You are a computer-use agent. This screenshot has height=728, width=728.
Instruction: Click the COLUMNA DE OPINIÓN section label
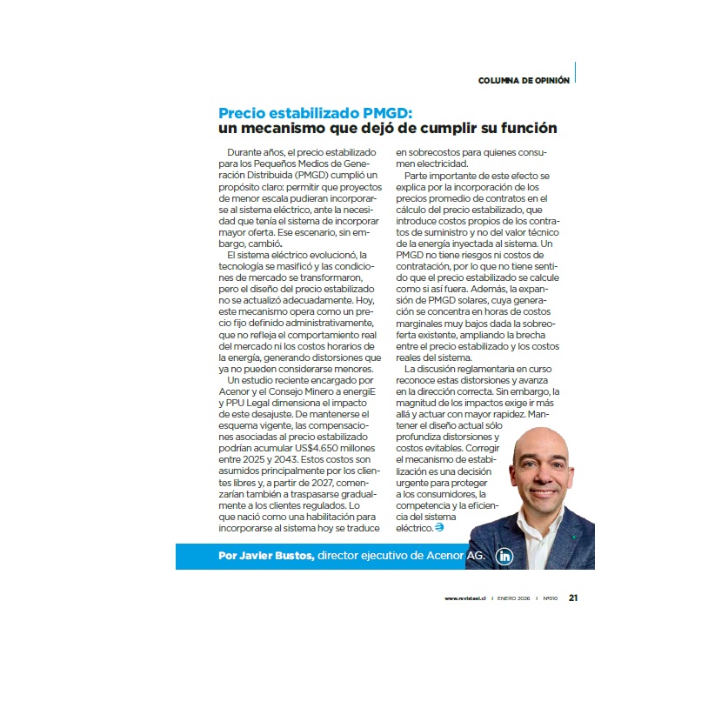[x=524, y=80]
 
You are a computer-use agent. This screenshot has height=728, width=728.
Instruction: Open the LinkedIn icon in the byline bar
[x=504, y=557]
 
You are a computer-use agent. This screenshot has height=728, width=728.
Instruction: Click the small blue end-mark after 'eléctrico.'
[x=439, y=527]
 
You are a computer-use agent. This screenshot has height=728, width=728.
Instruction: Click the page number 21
[x=575, y=598]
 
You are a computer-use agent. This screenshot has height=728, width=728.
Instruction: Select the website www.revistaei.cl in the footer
[x=464, y=598]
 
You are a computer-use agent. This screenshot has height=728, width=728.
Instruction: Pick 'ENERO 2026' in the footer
[x=513, y=598]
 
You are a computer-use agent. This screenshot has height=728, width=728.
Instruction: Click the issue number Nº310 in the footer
[x=551, y=598]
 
